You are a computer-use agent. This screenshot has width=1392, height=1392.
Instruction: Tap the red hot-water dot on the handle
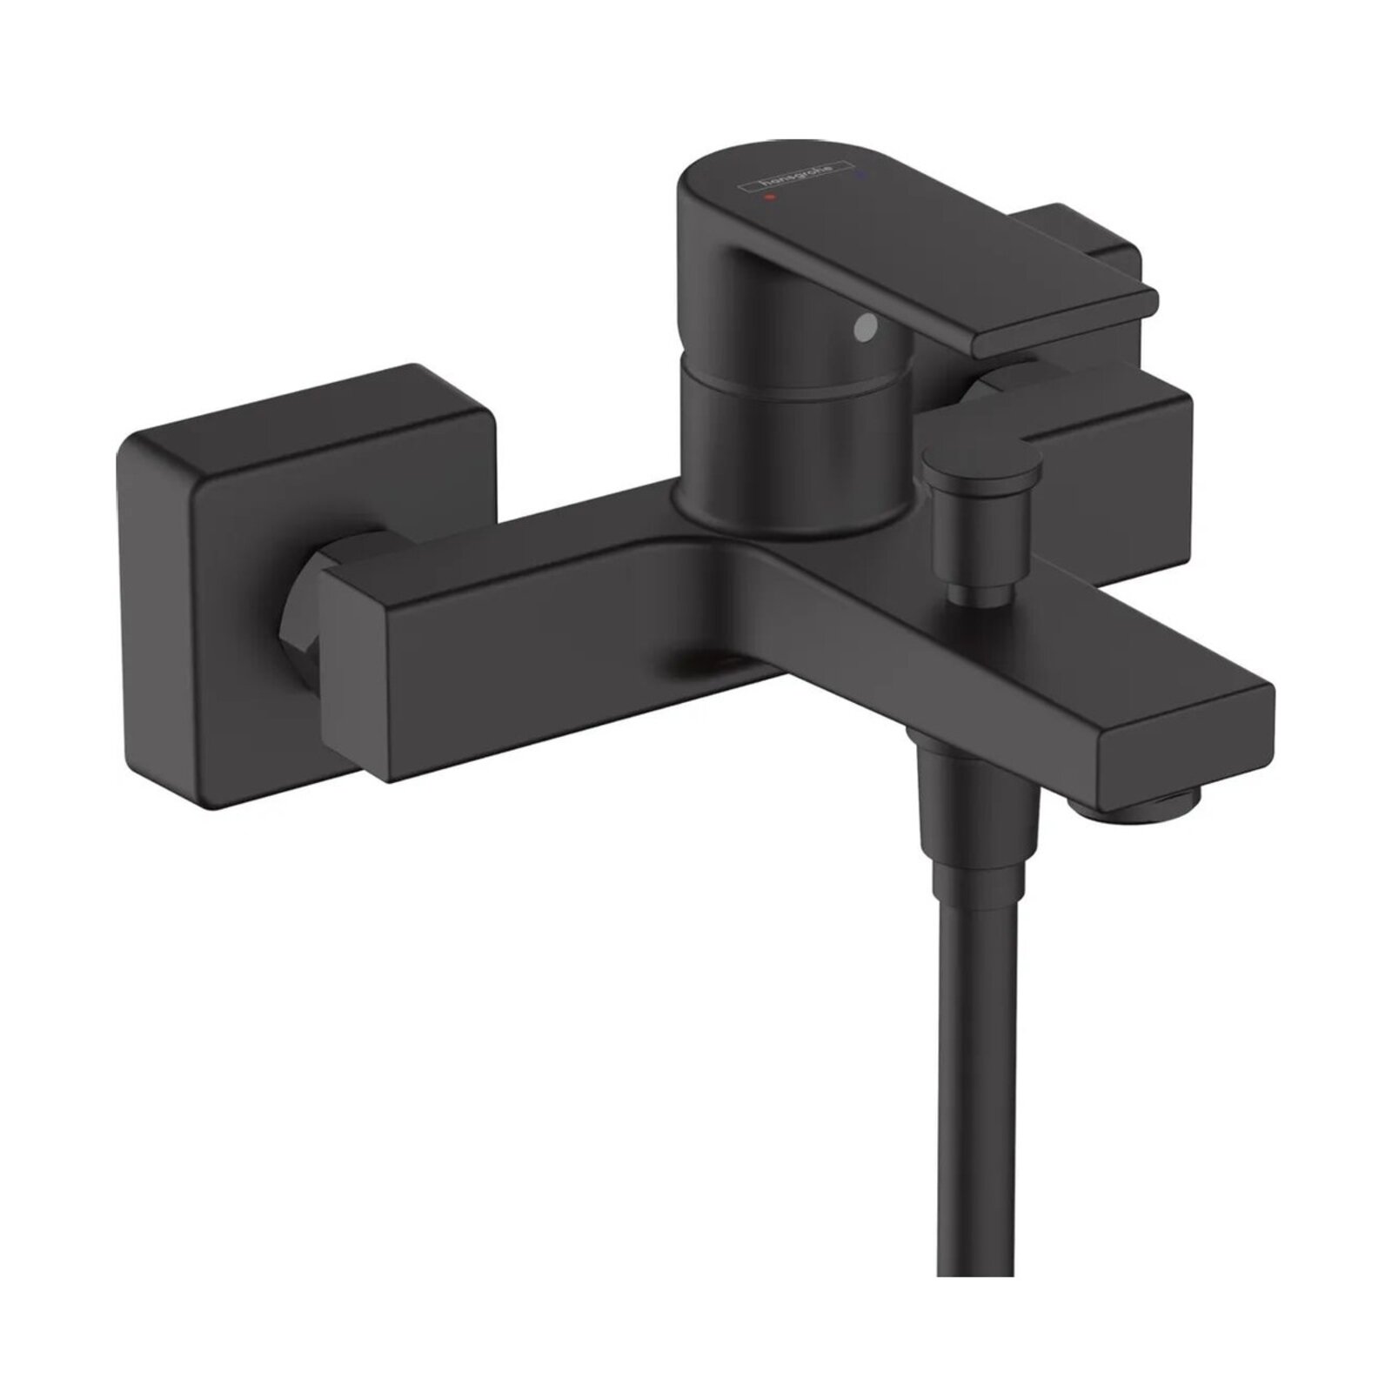click(767, 197)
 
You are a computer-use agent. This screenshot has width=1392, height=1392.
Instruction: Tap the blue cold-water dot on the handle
click(863, 151)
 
